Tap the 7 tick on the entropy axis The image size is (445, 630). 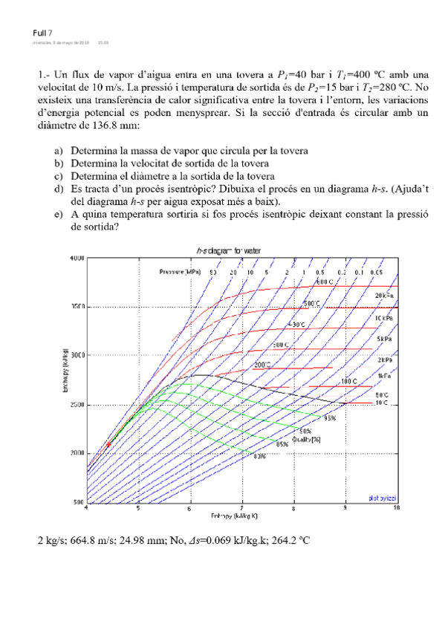pos(242,508)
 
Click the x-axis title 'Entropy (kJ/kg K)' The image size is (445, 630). pos(234,516)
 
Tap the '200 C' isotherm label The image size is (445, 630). pos(263,365)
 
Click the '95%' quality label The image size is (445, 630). pos(330,418)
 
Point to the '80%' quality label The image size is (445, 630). pos(259,456)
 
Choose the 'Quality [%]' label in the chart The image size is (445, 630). pos(306,438)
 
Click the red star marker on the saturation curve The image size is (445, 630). pos(109,444)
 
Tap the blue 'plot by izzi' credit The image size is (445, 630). pos(382,497)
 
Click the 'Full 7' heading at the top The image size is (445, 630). pos(43,33)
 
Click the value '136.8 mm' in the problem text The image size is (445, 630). pos(105,126)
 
